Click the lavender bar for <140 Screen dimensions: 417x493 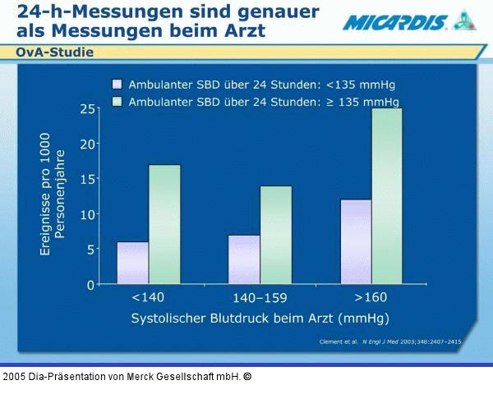(x=133, y=263)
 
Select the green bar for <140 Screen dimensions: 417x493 (x=164, y=225)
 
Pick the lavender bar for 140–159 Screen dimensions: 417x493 (x=244, y=260)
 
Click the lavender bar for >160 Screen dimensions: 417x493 (x=356, y=242)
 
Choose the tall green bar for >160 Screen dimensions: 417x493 (x=387, y=197)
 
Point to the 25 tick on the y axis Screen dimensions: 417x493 (x=85, y=108)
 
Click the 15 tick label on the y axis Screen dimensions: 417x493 (x=85, y=179)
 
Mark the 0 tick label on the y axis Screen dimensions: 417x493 (x=90, y=285)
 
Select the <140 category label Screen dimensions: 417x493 (x=148, y=297)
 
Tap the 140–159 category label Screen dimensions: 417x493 (x=260, y=297)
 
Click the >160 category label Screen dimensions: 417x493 (x=371, y=297)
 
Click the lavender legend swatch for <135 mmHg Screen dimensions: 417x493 (x=117, y=84)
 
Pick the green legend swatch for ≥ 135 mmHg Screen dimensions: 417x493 (x=117, y=102)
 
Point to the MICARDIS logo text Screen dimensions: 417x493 (x=394, y=22)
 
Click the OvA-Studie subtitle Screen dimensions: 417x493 (x=54, y=53)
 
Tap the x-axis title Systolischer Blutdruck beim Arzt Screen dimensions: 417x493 (x=260, y=317)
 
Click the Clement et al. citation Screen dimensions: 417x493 (x=389, y=341)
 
